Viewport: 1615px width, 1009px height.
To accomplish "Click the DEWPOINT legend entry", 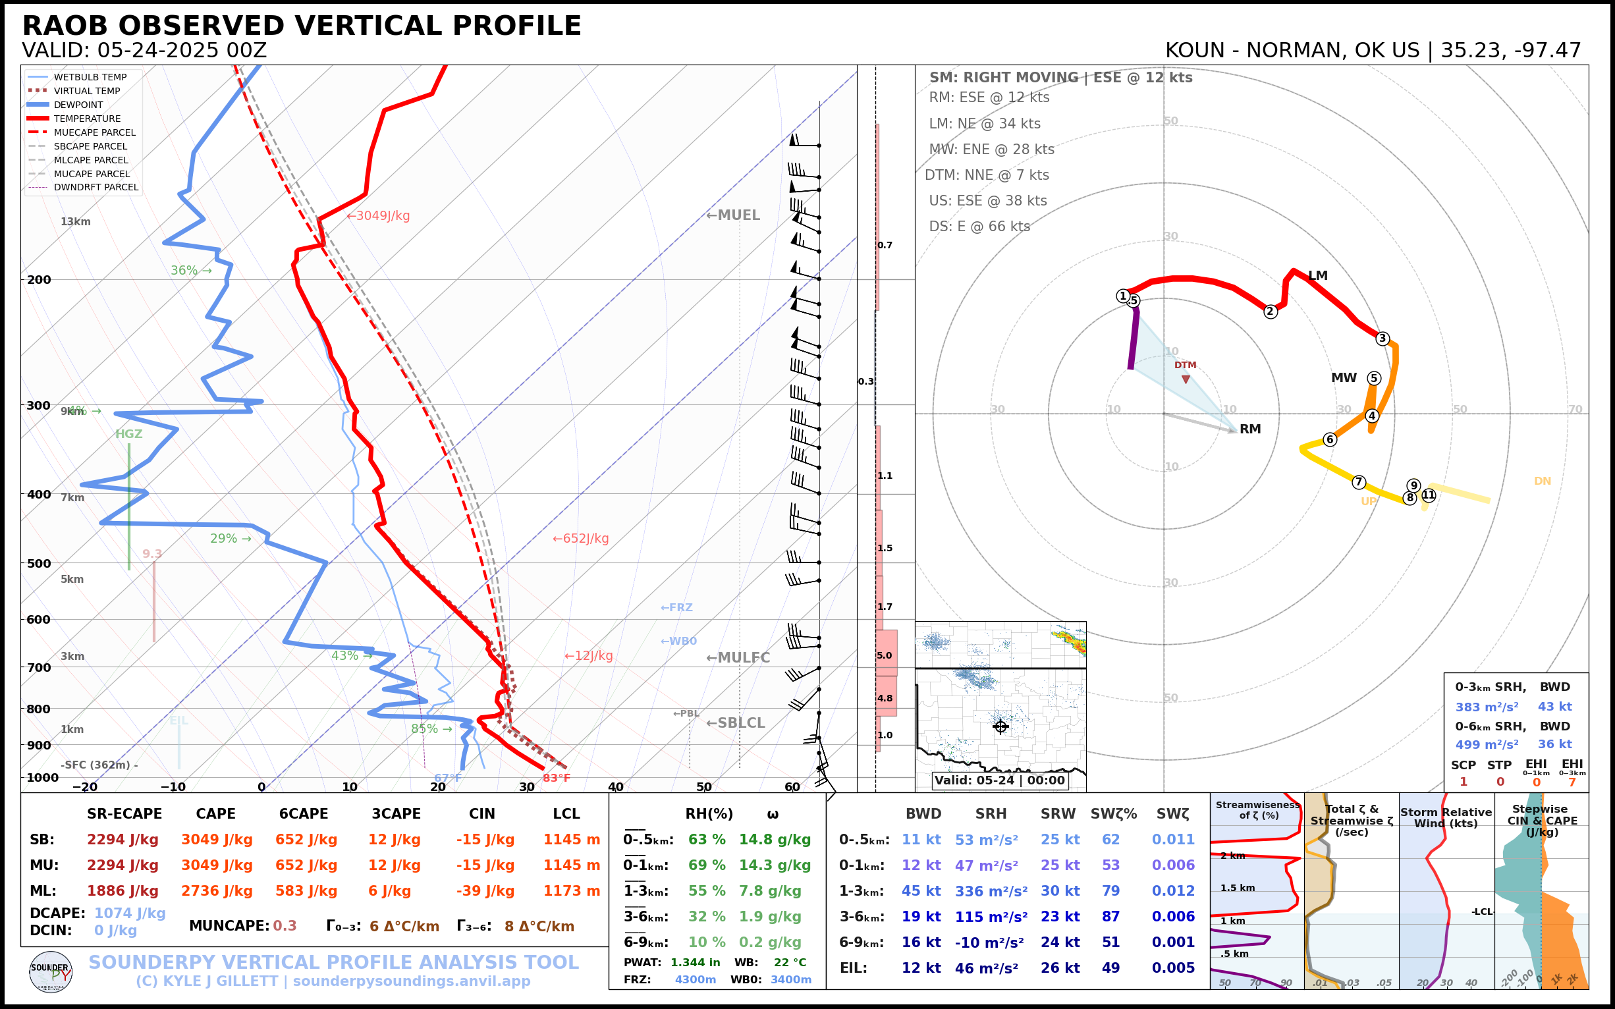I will click(78, 105).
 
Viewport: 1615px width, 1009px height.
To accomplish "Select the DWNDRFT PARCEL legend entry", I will click(96, 188).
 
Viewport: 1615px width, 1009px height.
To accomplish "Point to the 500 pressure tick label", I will click(39, 563).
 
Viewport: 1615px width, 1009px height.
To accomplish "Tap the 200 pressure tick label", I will click(39, 280).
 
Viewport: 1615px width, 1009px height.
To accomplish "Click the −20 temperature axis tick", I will click(85, 788).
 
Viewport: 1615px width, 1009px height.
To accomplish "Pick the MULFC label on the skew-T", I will click(738, 658).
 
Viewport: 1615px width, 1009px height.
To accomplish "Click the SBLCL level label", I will click(736, 723).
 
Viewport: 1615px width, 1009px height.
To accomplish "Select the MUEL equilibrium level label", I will click(733, 215).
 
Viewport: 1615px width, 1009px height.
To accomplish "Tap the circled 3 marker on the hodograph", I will click(1382, 339).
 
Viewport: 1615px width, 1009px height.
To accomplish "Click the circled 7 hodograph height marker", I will click(1359, 482).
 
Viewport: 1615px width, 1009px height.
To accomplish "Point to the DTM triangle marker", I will click(1186, 380).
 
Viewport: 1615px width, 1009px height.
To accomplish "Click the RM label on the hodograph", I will click(1250, 429).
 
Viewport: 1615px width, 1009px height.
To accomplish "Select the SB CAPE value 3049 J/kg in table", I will click(217, 840).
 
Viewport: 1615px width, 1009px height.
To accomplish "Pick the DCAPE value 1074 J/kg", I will click(130, 913).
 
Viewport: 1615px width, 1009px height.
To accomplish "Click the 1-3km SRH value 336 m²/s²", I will click(991, 891).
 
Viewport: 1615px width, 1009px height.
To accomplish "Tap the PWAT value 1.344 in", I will click(696, 962).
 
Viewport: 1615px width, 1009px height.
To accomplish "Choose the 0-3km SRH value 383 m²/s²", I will click(1487, 707).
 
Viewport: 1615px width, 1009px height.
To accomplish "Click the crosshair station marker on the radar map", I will click(1000, 726).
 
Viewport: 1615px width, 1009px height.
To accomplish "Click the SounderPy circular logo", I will click(51, 971).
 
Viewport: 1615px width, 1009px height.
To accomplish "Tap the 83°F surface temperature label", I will click(556, 778).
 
